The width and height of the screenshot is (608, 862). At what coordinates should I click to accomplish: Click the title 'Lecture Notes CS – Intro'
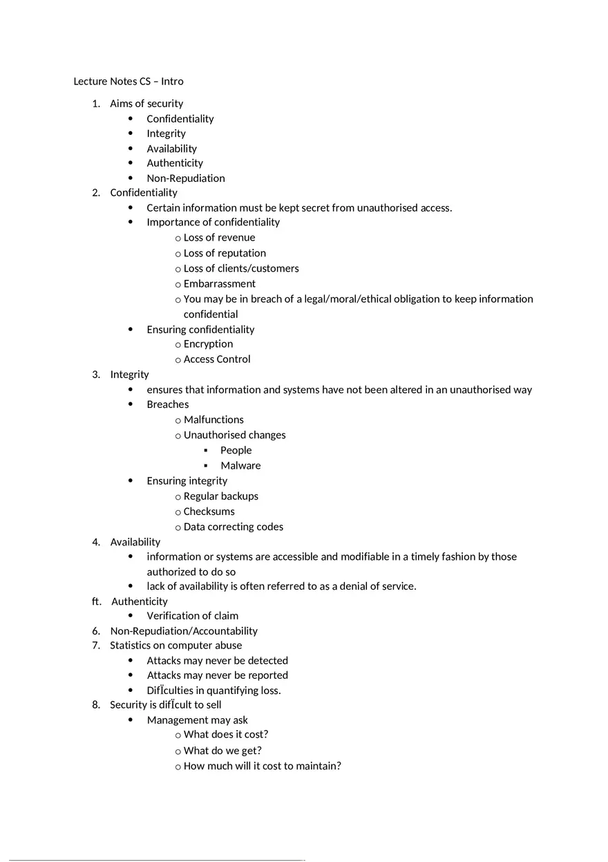(x=129, y=82)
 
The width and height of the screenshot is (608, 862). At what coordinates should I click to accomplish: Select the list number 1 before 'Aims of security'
(x=95, y=104)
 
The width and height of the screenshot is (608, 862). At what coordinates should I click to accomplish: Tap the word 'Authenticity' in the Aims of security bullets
(x=175, y=163)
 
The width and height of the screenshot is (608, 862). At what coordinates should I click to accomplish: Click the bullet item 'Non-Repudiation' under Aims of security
(x=185, y=178)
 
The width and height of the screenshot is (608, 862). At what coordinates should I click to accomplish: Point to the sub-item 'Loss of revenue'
(x=219, y=238)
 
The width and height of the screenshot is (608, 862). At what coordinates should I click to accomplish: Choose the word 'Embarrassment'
(x=219, y=283)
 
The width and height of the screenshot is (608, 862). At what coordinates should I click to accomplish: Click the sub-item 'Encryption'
(x=208, y=344)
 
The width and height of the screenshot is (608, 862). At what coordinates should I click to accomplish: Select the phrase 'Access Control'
(x=217, y=359)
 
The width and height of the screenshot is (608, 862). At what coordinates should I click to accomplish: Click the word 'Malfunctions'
(x=213, y=420)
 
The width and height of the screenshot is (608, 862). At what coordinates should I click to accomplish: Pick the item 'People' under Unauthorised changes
(x=236, y=450)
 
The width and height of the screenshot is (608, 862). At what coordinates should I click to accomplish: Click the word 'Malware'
(x=240, y=466)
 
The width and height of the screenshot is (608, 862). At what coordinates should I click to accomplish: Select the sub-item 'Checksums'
(x=209, y=512)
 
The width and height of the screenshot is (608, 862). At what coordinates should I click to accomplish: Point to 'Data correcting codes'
(x=233, y=527)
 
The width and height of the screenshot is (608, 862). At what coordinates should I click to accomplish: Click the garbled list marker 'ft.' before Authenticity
(x=96, y=601)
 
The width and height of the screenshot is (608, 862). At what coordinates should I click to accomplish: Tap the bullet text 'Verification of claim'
(x=192, y=616)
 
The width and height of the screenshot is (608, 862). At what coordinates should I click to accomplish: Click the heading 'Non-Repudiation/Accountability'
(x=184, y=631)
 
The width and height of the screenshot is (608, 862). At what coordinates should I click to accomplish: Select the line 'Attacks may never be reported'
(x=217, y=675)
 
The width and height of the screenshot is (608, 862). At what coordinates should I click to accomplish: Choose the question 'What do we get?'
(x=222, y=751)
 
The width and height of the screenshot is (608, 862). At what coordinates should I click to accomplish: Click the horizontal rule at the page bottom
(x=155, y=861)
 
